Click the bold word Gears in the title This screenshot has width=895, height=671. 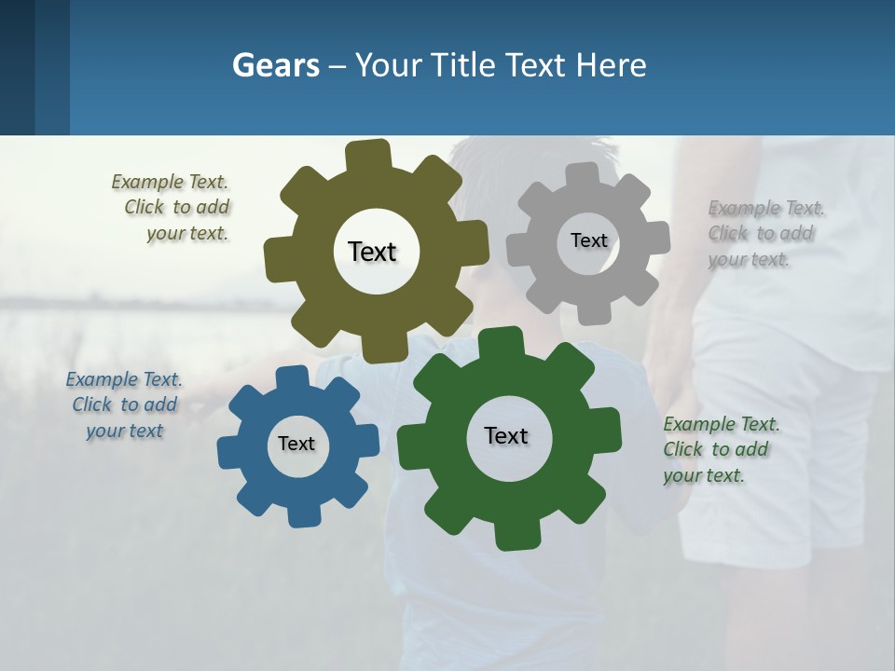point(276,65)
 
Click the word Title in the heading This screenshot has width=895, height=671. point(463,65)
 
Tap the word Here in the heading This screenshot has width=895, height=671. point(612,65)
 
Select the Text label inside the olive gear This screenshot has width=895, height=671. point(373,252)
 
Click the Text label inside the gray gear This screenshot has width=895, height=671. point(589,240)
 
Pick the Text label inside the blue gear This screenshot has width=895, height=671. point(296,444)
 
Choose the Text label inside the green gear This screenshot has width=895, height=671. point(506,435)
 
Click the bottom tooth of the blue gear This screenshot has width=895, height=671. point(303,514)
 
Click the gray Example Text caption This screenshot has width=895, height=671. point(764,233)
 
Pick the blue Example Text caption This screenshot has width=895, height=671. point(124,404)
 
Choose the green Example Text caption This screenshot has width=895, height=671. point(720,449)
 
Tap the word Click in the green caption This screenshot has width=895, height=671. point(683,449)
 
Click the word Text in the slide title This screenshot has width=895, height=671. point(536,65)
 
